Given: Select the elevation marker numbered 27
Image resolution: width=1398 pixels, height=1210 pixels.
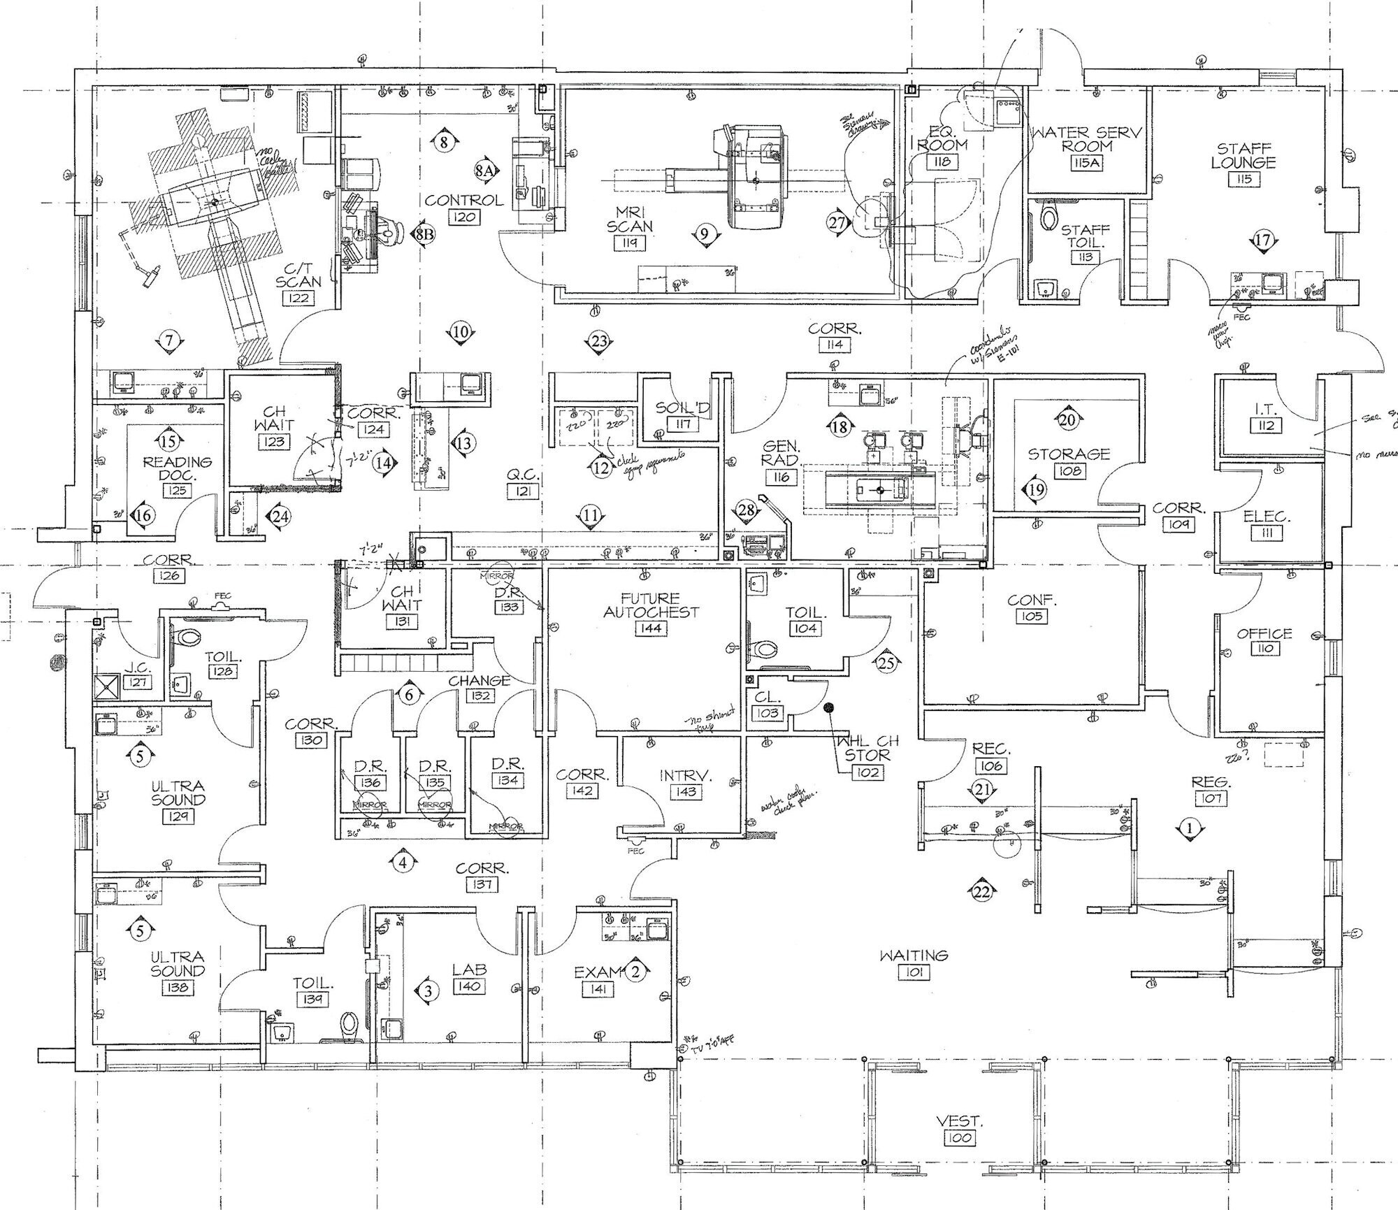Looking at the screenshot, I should click(837, 223).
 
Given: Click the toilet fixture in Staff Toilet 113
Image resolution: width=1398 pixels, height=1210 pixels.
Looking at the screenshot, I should click(1048, 217).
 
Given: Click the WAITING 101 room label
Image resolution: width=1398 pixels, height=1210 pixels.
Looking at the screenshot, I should click(914, 955).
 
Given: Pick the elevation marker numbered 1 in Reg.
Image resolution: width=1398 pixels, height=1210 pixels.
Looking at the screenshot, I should click(1190, 829).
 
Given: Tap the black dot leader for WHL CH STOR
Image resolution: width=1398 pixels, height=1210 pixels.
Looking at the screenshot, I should click(830, 707).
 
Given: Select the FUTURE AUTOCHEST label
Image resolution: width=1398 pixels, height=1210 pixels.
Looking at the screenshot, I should click(651, 605).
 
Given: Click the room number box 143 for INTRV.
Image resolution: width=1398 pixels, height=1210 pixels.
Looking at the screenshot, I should click(685, 792).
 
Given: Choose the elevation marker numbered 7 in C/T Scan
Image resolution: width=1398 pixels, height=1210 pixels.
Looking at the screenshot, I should click(168, 341).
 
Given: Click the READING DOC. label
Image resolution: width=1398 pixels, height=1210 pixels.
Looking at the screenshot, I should click(177, 468).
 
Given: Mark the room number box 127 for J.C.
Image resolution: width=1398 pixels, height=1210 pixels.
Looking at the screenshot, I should click(137, 682).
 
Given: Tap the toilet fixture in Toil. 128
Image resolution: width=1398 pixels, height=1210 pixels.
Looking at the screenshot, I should click(189, 637).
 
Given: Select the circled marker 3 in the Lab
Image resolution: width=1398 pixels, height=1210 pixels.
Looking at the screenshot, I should click(428, 991).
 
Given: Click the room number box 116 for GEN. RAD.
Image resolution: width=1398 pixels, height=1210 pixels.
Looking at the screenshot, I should click(781, 477).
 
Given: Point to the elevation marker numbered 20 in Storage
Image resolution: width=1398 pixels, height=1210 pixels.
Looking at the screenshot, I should click(1067, 420).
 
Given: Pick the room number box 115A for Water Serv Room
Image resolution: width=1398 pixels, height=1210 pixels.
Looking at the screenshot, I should click(1086, 163).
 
